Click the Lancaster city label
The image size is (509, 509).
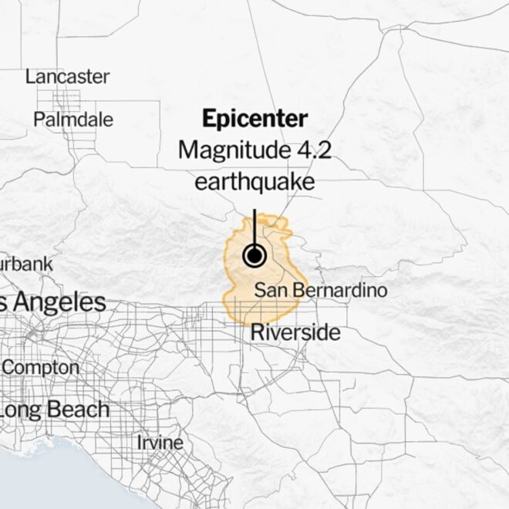67,77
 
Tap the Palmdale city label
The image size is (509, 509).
73,120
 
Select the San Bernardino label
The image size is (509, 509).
320,290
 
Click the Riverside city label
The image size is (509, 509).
295,332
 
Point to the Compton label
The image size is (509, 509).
40,368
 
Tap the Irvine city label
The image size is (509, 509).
160,443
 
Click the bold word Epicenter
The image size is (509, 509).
254,119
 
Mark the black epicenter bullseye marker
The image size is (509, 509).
254,255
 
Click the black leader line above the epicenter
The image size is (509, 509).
254,224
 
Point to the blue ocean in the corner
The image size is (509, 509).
31,482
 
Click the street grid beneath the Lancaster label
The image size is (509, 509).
67,98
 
